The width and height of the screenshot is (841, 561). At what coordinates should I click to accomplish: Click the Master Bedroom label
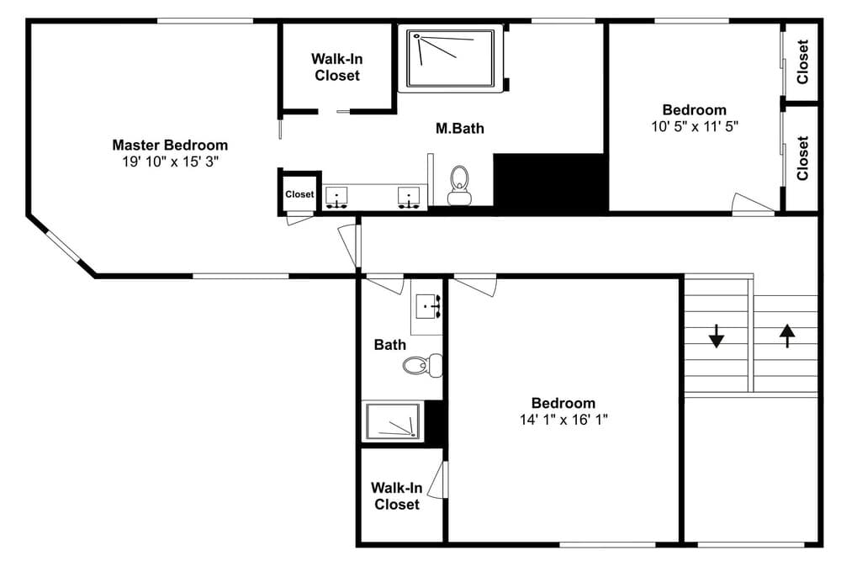pos(170,145)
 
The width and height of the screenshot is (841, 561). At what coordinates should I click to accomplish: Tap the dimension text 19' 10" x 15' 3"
pos(170,161)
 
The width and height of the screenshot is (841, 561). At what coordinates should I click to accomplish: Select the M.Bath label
pos(459,129)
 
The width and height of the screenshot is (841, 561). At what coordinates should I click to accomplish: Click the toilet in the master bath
pos(459,185)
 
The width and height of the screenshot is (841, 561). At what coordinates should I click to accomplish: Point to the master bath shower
pos(452,57)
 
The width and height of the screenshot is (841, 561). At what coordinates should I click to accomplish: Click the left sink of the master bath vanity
pos(337,197)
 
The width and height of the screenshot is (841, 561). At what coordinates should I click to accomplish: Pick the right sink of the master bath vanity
pos(409,197)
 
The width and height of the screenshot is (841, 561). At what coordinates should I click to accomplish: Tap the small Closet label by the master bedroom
pos(299,194)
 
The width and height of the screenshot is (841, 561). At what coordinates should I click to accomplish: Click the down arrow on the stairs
pos(716,336)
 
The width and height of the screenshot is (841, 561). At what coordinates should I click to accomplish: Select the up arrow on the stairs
pos(786,336)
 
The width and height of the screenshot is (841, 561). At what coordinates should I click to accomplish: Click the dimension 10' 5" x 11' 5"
pos(694,126)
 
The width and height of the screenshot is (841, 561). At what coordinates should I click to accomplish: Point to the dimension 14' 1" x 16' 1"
pos(563,419)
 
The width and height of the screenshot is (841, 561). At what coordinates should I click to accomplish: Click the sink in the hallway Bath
pos(429,306)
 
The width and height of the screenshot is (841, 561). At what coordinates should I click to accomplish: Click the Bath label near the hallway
pos(389,345)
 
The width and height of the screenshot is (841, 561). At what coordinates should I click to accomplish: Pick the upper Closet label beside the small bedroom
pos(802,62)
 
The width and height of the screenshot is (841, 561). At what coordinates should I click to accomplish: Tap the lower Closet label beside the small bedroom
pos(802,158)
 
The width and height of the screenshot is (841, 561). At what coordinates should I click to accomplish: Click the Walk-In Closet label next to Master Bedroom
pos(336,67)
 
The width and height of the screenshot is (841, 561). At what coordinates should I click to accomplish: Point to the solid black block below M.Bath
pos(550,182)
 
